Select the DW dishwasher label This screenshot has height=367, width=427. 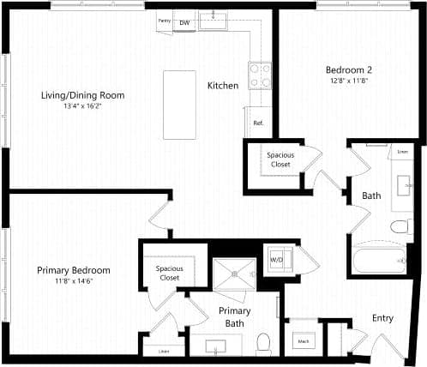pyautogui.click(x=184, y=23)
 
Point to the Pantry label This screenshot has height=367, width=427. pyautogui.click(x=164, y=20)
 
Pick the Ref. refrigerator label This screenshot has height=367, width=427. pyautogui.click(x=257, y=123)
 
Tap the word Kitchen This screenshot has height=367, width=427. pyautogui.click(x=222, y=86)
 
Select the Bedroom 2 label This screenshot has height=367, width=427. pyautogui.click(x=348, y=69)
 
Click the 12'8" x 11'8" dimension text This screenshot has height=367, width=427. pyautogui.click(x=348, y=81)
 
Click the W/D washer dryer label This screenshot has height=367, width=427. pyautogui.click(x=278, y=258)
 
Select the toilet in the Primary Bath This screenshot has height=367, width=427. pyautogui.click(x=264, y=342)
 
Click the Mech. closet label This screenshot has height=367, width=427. pyautogui.click(x=304, y=341)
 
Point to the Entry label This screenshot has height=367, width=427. pyautogui.click(x=382, y=318)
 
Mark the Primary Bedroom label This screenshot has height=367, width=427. pyautogui.click(x=73, y=271)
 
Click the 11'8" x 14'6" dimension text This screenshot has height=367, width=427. pyautogui.click(x=73, y=281)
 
